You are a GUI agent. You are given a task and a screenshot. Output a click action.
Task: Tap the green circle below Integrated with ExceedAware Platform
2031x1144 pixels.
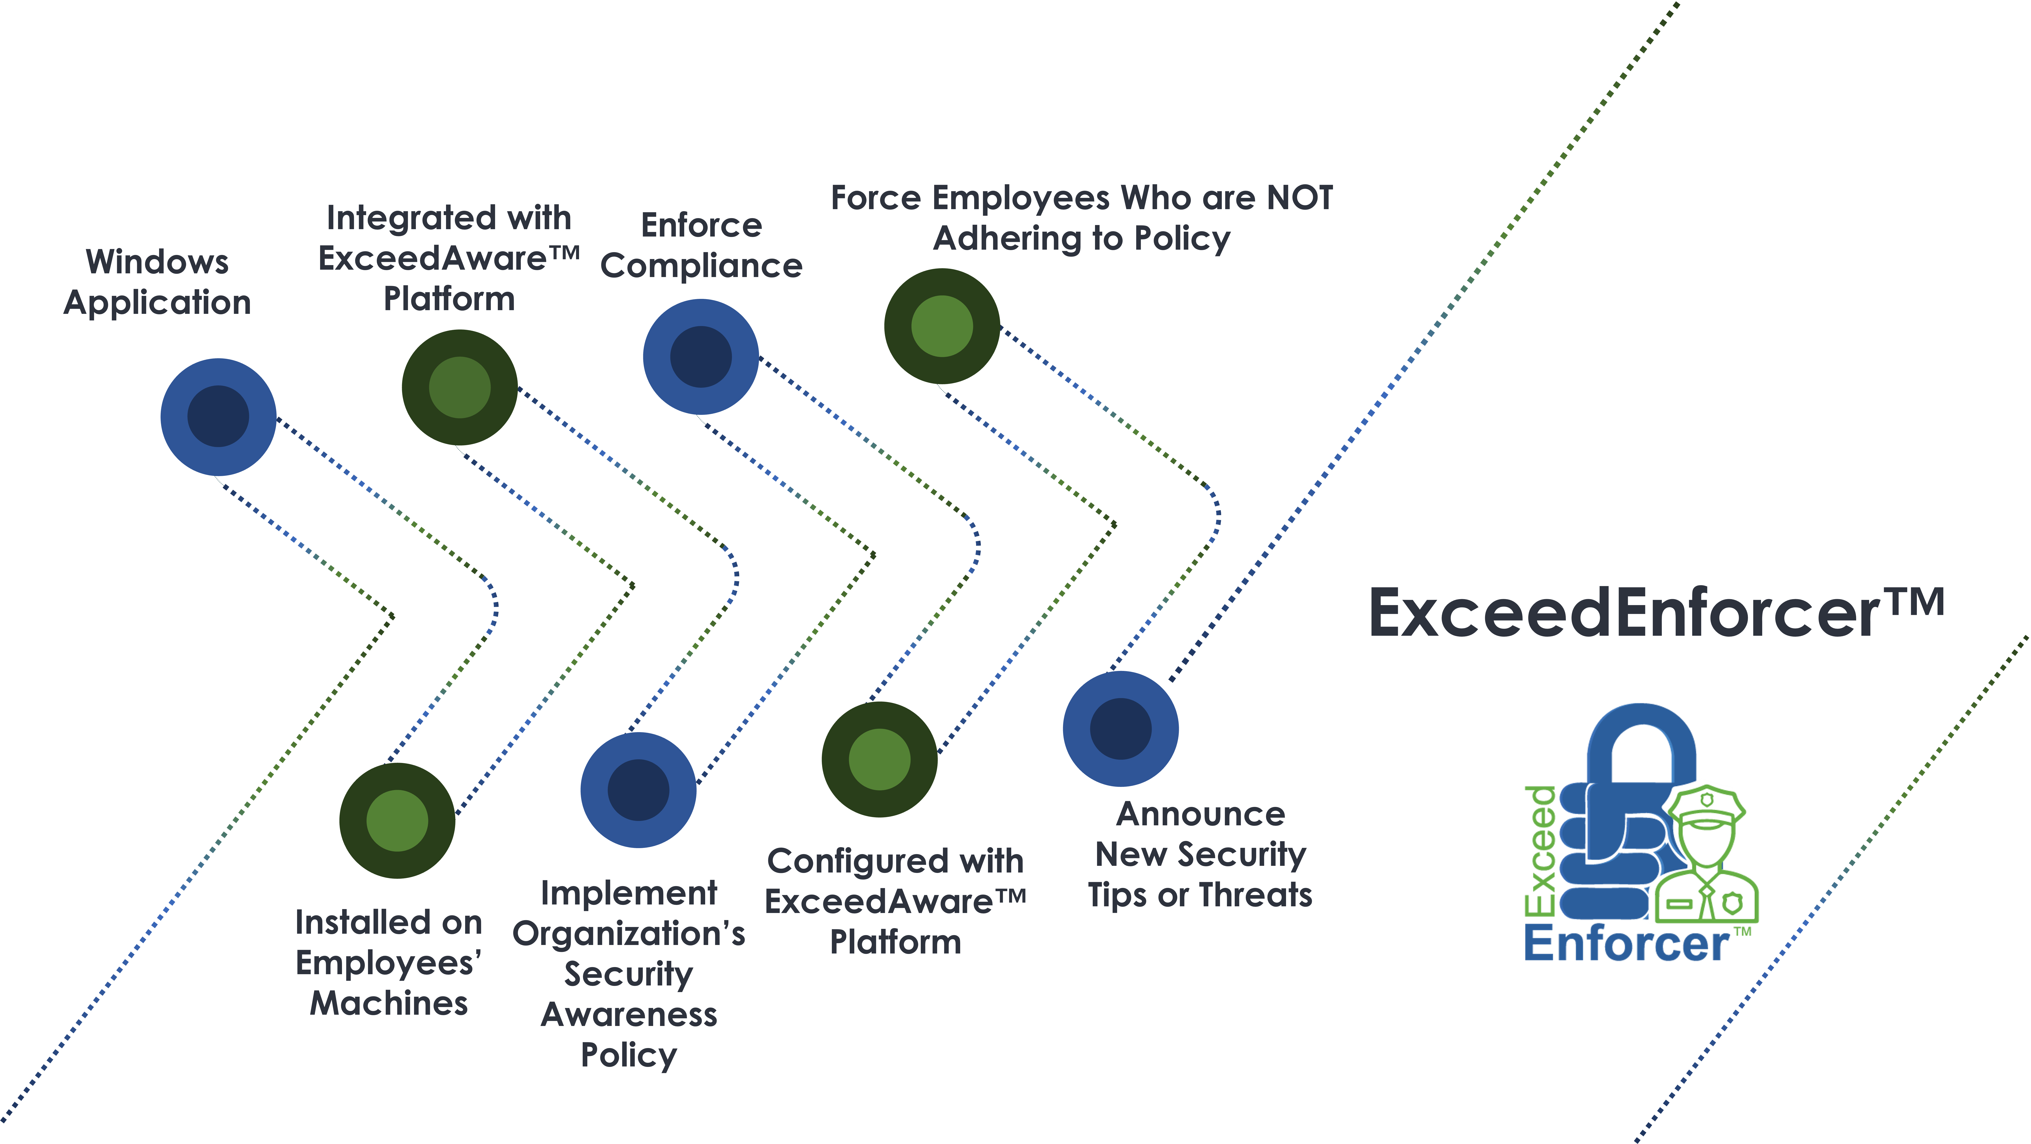[x=460, y=387]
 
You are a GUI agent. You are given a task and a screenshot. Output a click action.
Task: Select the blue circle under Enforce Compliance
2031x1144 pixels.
[x=701, y=356]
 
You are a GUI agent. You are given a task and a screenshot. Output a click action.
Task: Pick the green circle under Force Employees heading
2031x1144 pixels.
[x=942, y=326]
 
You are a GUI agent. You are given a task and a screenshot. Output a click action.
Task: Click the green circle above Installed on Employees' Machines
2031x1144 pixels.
[x=397, y=821]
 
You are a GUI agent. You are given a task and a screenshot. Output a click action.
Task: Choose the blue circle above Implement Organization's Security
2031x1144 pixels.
[x=639, y=790]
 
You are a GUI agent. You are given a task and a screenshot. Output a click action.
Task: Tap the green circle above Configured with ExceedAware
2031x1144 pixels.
[x=880, y=759]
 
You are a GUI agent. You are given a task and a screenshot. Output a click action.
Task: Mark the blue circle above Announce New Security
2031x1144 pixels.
[x=1121, y=728]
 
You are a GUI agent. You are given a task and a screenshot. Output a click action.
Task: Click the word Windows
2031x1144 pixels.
[x=158, y=262]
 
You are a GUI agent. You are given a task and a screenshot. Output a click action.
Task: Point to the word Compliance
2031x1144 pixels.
[x=702, y=266]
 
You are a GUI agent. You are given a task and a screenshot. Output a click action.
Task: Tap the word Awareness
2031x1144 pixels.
[x=629, y=1015]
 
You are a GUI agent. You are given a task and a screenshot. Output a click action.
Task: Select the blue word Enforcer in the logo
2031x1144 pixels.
[x=1627, y=944]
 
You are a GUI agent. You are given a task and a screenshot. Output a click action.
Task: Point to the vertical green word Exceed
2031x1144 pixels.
[x=1541, y=852]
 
